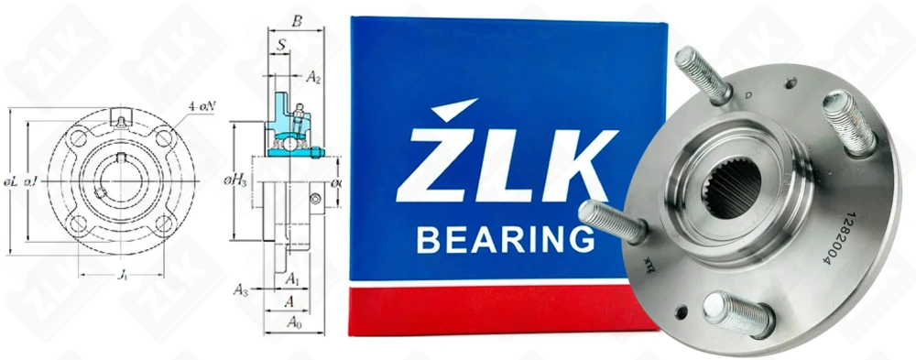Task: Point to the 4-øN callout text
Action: coord(202,106)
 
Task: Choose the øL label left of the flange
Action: coord(11,183)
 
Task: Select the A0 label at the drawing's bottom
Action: coord(294,322)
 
